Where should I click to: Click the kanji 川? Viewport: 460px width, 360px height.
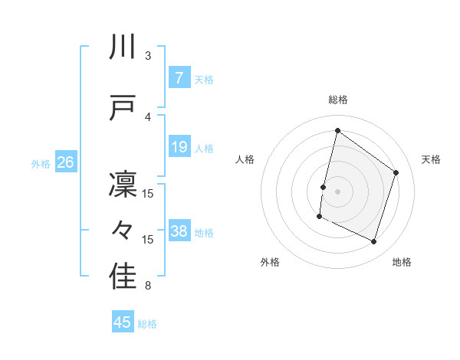[x=123, y=47]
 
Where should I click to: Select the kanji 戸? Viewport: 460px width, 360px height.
[x=123, y=108]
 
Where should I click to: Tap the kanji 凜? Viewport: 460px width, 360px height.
[x=123, y=185]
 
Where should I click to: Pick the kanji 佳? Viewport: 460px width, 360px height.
[x=123, y=277]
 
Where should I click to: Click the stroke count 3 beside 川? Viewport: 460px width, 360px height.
[x=148, y=56]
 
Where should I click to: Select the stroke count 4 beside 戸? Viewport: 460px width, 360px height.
[x=148, y=116]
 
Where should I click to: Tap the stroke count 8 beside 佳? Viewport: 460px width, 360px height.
[x=148, y=286]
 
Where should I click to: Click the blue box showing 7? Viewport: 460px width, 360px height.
[x=179, y=78]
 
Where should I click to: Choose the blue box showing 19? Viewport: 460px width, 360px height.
[x=179, y=147]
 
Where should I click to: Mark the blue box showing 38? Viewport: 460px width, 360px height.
[x=179, y=231]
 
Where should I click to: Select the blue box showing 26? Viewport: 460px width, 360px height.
[x=65, y=162]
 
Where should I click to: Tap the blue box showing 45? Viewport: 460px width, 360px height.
[x=123, y=322]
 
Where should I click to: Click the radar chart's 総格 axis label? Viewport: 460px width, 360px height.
[x=338, y=100]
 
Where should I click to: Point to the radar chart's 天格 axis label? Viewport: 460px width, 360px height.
[x=431, y=159]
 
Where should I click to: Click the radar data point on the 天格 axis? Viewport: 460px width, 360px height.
[x=396, y=172]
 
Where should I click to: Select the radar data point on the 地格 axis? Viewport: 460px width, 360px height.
[x=374, y=242]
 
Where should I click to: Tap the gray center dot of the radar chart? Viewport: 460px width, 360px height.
[x=337, y=191]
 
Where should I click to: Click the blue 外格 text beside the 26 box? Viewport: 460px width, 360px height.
[x=41, y=163]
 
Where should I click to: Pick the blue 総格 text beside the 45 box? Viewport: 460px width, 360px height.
[x=147, y=324]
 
